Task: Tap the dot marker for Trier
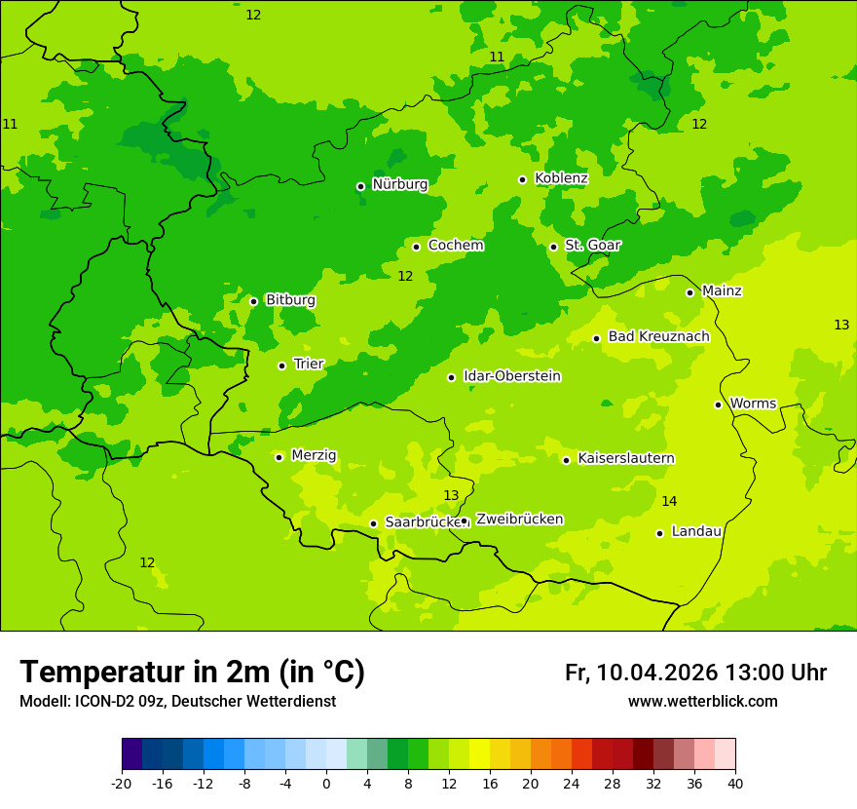pyautogui.click(x=281, y=366)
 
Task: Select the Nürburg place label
pyautogui.click(x=399, y=184)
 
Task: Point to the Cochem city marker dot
pyautogui.click(x=416, y=247)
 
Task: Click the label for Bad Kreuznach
pyautogui.click(x=658, y=336)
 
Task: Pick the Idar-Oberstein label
pyautogui.click(x=512, y=376)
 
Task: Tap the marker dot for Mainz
pyautogui.click(x=689, y=292)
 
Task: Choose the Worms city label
pyautogui.click(x=753, y=404)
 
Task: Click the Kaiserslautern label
pyautogui.click(x=626, y=458)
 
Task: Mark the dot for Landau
pyautogui.click(x=659, y=533)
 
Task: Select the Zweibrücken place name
pyautogui.click(x=519, y=520)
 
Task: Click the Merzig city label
pyautogui.click(x=314, y=455)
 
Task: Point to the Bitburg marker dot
pyautogui.click(x=253, y=301)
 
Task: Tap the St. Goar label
pyautogui.click(x=592, y=246)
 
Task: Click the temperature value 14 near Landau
pyautogui.click(x=669, y=501)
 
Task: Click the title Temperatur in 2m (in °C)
pyautogui.click(x=192, y=673)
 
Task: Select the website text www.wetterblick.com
pyautogui.click(x=702, y=702)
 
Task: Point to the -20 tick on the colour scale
pyautogui.click(x=122, y=784)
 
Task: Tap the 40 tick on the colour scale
pyautogui.click(x=735, y=784)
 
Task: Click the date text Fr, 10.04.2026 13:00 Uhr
pyautogui.click(x=695, y=673)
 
